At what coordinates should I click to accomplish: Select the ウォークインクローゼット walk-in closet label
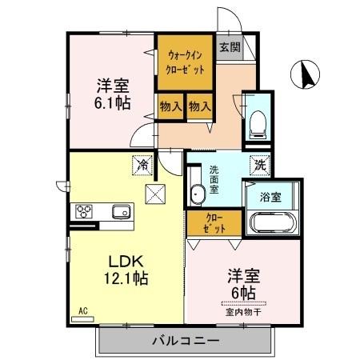tap(186, 62)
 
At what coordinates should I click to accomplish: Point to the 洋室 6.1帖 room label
tap(113, 94)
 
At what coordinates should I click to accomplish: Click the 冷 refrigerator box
tap(142, 166)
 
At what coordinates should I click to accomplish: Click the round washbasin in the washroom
tap(198, 193)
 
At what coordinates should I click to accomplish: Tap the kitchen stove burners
tap(84, 211)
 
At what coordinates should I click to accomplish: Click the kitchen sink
tap(121, 212)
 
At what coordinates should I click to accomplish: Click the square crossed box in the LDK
tap(154, 192)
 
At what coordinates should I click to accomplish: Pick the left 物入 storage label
tap(170, 106)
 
